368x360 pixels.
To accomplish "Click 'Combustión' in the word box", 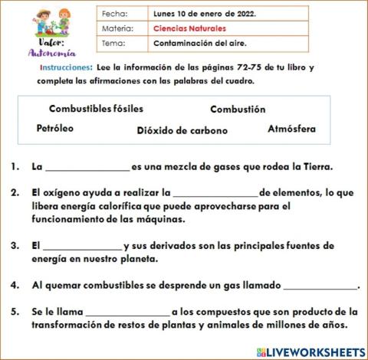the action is click(238, 110).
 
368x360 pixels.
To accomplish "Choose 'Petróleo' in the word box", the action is click(55, 129).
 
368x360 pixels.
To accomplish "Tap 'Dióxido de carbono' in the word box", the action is click(182, 130).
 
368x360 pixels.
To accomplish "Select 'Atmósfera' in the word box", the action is click(291, 129).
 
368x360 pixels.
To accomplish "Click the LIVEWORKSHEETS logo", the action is click(311, 351).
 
